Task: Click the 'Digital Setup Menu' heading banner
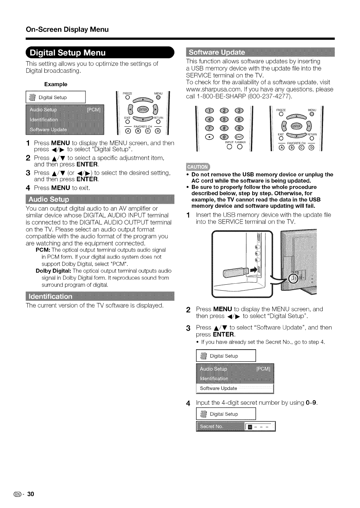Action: (x=68, y=53)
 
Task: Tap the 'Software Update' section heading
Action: (x=216, y=53)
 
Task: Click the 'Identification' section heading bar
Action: (x=51, y=297)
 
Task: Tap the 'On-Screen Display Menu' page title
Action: (x=67, y=29)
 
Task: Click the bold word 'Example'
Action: (x=56, y=84)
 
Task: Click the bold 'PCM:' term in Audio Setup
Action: (x=44, y=250)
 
